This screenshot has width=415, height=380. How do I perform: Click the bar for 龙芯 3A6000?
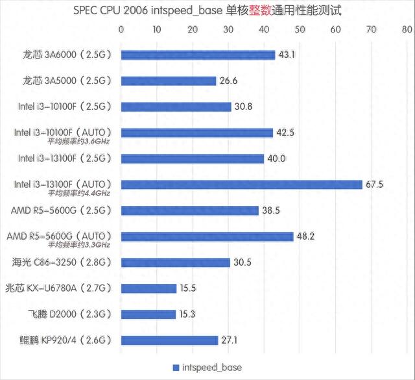[198, 55]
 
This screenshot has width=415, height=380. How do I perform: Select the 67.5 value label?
[375, 184]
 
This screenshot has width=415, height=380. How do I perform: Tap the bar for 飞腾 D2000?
[148, 314]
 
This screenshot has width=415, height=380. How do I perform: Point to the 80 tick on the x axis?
[407, 29]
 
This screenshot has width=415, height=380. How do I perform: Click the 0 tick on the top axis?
[121, 29]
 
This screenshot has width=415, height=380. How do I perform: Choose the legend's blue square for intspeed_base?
[175, 368]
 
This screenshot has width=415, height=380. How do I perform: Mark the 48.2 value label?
[305, 236]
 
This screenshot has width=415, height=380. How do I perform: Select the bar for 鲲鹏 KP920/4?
[169, 340]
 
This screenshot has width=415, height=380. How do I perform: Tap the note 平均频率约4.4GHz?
[78, 193]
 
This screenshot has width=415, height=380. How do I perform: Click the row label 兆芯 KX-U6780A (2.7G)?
[59, 288]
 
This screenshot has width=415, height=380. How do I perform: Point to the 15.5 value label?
[189, 288]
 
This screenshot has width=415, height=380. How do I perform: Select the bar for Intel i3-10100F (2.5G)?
[176, 107]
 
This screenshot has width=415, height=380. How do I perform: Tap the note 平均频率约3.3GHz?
[78, 245]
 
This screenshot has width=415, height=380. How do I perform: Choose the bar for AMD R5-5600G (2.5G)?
[189, 210]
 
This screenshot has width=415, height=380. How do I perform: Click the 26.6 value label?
[228, 81]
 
